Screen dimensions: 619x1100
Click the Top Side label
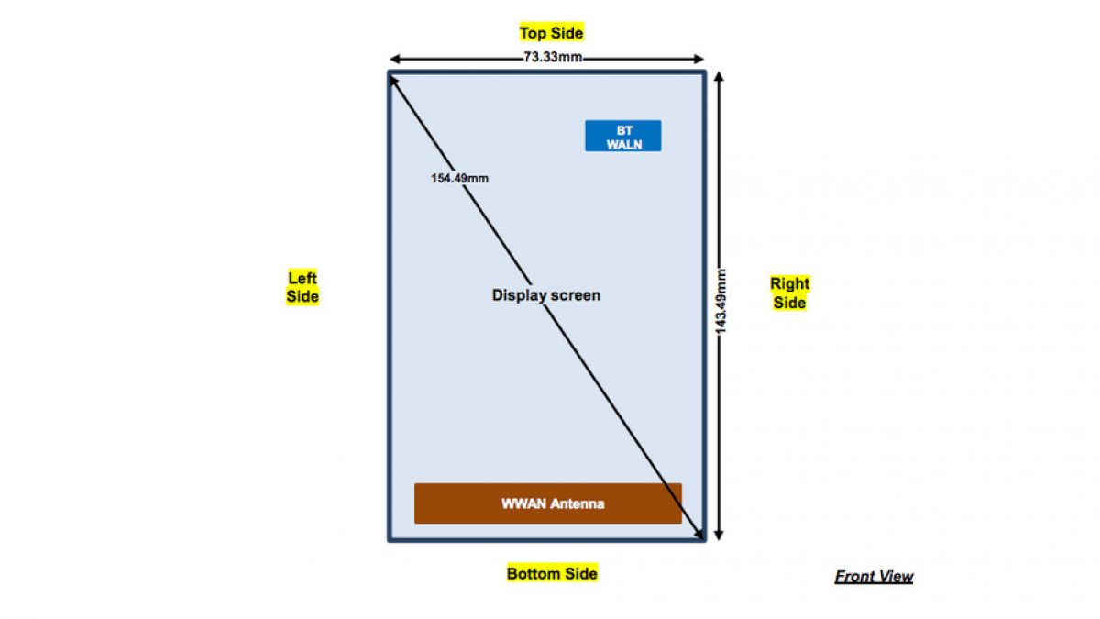(551, 33)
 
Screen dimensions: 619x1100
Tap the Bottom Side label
(552, 573)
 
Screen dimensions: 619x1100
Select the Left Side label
(302, 287)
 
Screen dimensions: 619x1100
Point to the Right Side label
(789, 293)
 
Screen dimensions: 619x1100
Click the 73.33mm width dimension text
(551, 58)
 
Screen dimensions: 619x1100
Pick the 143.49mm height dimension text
(721, 300)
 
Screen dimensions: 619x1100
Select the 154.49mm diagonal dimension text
(459, 178)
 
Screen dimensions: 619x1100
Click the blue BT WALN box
(623, 137)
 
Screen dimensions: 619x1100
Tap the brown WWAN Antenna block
(547, 503)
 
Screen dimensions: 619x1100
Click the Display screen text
(546, 295)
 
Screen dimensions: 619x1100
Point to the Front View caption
(874, 577)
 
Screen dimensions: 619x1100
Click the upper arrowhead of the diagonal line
(393, 81)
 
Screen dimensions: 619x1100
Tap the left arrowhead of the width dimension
(394, 58)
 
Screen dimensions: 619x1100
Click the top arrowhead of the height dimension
(720, 77)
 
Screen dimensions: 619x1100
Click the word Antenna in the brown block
(577, 503)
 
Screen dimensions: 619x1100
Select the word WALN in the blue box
(623, 145)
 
